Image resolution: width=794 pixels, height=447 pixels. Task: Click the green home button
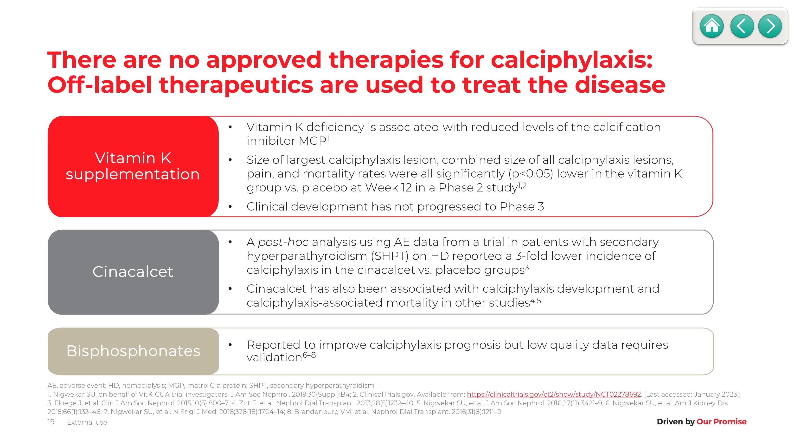[712, 26]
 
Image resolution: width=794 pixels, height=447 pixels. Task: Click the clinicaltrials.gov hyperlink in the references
[554, 394]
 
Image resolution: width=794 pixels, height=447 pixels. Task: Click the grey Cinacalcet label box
[133, 272]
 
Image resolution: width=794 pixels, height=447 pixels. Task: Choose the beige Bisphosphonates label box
[133, 351]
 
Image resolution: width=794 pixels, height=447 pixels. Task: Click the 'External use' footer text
[87, 422]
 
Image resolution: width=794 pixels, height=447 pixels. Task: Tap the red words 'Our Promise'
[721, 421]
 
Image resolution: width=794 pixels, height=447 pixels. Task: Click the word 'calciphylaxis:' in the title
[571, 60]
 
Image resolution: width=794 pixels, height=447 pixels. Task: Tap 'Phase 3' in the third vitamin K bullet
[522, 206]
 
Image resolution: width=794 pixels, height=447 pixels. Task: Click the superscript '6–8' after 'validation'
[309, 355]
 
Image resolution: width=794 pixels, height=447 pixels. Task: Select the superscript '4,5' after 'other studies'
[535, 301]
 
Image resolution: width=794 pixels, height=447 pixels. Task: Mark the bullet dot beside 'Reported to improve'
[230, 345]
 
